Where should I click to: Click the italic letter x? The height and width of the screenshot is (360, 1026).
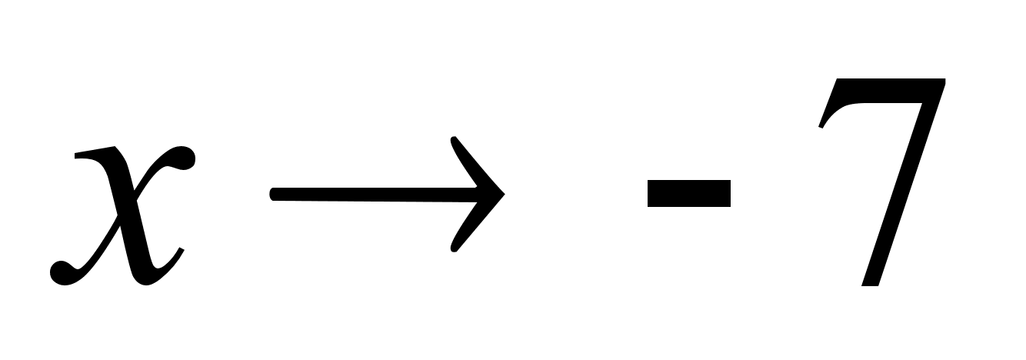[x=123, y=215]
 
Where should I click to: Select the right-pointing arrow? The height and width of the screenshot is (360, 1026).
[x=387, y=194]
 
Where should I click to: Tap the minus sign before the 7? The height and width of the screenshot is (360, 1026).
[x=689, y=193]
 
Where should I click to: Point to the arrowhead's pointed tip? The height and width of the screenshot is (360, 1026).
[x=505, y=194]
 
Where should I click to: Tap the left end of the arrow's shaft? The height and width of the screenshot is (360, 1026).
[x=271, y=194]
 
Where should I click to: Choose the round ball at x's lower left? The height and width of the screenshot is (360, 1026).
[x=62, y=273]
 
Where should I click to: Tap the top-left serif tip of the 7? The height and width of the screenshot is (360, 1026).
[x=821, y=126]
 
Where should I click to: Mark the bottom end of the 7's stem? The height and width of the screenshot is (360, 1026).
[x=870, y=285]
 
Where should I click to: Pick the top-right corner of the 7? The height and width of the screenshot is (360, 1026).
[x=945, y=79]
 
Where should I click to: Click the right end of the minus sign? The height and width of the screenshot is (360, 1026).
[x=730, y=193]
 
